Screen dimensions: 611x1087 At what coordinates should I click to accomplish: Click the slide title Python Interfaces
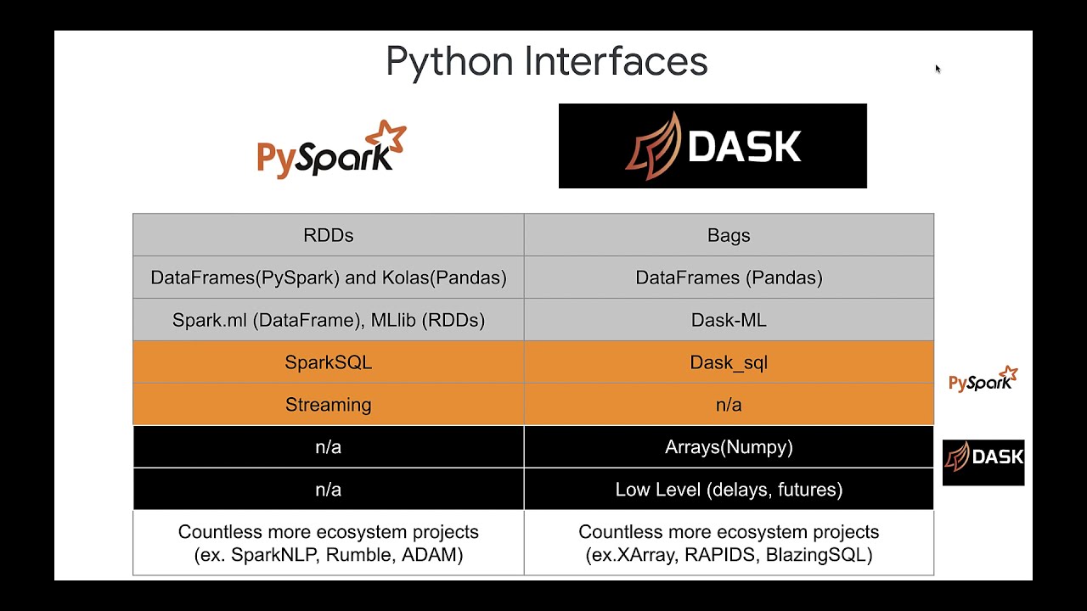tap(546, 62)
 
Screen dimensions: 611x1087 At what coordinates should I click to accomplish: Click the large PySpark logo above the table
tap(332, 149)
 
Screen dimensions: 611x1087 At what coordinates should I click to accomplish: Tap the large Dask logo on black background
tap(712, 146)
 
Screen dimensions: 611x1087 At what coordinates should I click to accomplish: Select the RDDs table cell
tap(328, 235)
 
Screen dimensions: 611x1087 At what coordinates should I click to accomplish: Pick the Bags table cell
tap(729, 235)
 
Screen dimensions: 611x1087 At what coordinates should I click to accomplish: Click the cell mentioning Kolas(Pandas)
tap(328, 277)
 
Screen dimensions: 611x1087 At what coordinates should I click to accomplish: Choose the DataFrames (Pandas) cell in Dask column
tap(729, 277)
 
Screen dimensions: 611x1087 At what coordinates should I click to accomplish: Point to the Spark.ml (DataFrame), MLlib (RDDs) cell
tap(328, 320)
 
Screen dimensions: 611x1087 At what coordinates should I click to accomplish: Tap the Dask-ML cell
tap(729, 320)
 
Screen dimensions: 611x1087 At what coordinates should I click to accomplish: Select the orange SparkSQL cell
tap(328, 362)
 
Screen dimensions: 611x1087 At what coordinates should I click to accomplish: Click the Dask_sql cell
tap(729, 362)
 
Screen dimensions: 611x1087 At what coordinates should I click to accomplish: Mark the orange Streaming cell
tap(328, 405)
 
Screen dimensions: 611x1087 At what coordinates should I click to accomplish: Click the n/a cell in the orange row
tap(729, 405)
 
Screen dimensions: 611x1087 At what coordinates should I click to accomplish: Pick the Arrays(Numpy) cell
tap(729, 447)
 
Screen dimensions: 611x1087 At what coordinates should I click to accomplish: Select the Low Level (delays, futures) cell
tap(729, 490)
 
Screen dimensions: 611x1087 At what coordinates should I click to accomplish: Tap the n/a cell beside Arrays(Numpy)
tap(328, 447)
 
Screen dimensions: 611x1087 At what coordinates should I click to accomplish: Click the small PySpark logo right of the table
tap(983, 378)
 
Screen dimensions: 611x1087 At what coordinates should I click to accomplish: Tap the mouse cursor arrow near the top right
tap(938, 69)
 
